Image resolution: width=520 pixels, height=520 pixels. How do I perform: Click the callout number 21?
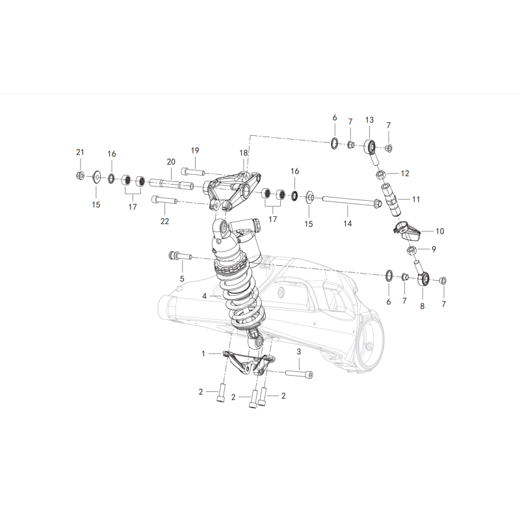(80, 152)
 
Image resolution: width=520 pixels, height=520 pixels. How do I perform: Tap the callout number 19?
(195, 151)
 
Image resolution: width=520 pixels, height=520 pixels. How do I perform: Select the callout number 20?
(171, 162)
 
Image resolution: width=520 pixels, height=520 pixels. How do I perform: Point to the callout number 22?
(165, 221)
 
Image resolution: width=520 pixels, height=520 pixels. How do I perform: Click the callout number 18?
(244, 153)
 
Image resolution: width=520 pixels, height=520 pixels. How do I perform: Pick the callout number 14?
(347, 224)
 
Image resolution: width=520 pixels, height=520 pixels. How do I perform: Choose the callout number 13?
(369, 120)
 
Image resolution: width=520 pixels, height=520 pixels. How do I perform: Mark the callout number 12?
(405, 174)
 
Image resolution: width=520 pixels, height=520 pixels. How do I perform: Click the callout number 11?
(416, 200)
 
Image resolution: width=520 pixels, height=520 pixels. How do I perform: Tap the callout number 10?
(440, 231)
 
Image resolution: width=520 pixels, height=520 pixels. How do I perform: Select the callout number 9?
(434, 249)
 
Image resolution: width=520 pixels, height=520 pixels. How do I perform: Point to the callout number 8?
(422, 305)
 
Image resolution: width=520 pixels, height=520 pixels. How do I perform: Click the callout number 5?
(182, 279)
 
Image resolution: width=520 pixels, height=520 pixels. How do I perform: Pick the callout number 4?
(204, 296)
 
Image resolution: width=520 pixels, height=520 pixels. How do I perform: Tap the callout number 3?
(299, 352)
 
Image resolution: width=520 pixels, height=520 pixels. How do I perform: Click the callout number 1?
(203, 354)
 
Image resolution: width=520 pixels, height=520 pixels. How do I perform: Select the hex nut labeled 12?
(381, 174)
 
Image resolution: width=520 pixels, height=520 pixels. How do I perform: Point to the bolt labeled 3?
(300, 374)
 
